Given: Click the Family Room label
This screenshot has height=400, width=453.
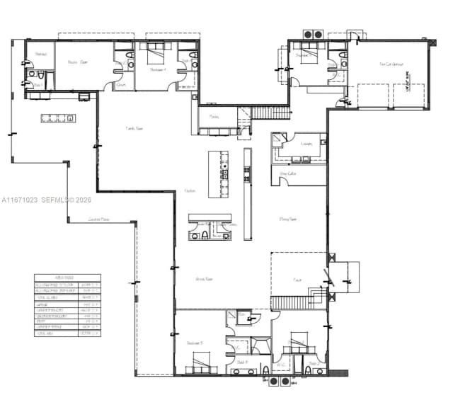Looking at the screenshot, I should [134, 129].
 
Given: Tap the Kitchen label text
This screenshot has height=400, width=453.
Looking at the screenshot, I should [190, 191].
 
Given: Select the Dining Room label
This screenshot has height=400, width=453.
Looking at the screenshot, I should [287, 219].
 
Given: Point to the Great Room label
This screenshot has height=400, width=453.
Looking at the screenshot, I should [205, 280].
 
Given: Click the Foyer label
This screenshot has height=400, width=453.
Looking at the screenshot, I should [298, 280].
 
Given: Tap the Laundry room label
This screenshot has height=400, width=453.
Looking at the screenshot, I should [306, 144].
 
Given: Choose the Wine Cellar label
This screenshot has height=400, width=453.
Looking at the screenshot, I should [288, 173].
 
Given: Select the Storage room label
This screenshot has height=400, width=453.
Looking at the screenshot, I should [41, 54].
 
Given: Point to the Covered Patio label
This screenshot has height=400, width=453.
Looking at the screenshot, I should [99, 219].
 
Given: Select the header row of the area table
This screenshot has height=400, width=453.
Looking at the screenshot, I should [68, 278].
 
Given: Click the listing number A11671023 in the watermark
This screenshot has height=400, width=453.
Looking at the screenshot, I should [22, 200].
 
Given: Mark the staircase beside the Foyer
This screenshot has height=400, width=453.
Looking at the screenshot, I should [297, 303].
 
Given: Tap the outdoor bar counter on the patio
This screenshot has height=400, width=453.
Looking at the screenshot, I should [57, 118].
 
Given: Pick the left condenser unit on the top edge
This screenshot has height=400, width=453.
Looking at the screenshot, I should [309, 34].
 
